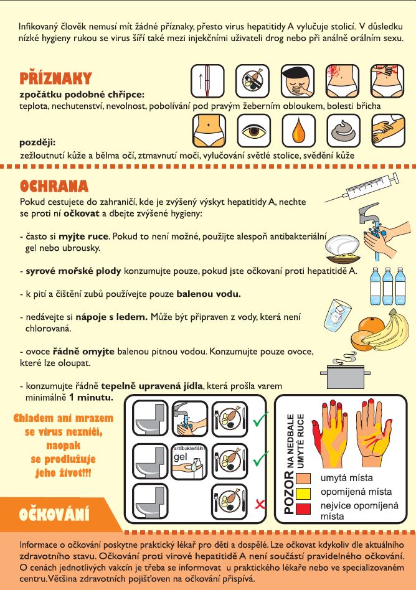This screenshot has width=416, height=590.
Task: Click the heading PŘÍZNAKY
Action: pos(55,78)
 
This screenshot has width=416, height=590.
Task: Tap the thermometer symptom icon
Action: pos(207,81)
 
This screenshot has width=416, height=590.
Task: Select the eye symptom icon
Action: pos(253,131)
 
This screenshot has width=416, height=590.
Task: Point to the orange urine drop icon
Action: pos(298,131)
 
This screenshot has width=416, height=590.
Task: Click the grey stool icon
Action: pos(343,131)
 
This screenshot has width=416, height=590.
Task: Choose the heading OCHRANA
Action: pos(54,186)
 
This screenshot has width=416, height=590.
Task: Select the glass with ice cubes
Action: pos(337,314)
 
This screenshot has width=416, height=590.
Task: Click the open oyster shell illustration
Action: pos(343,248)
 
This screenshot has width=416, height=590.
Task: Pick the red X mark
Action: pos(260,504)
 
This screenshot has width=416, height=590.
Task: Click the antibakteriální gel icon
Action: pos(189,462)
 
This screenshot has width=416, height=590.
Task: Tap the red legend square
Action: pos(303,508)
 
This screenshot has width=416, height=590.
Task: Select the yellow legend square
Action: pos(303,493)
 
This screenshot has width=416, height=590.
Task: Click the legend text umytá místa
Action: pos(347,478)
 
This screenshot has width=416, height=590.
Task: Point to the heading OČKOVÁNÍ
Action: pos(54,514)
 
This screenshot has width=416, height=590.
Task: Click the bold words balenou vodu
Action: pos(209,294)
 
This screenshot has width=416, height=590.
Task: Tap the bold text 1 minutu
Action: pos(91,397)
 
